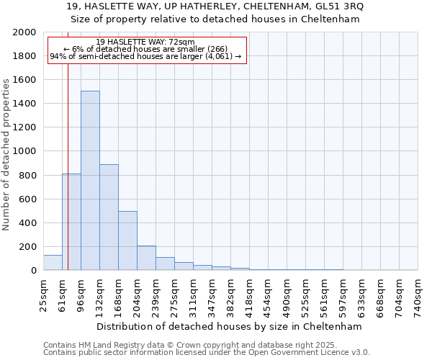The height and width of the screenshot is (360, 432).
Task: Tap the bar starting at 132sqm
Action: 109,217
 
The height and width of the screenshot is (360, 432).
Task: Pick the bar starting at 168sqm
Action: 127,240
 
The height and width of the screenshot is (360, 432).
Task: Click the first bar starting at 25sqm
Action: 53,263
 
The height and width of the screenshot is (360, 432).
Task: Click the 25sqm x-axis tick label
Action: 43,293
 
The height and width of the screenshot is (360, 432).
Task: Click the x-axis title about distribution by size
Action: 230,326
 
